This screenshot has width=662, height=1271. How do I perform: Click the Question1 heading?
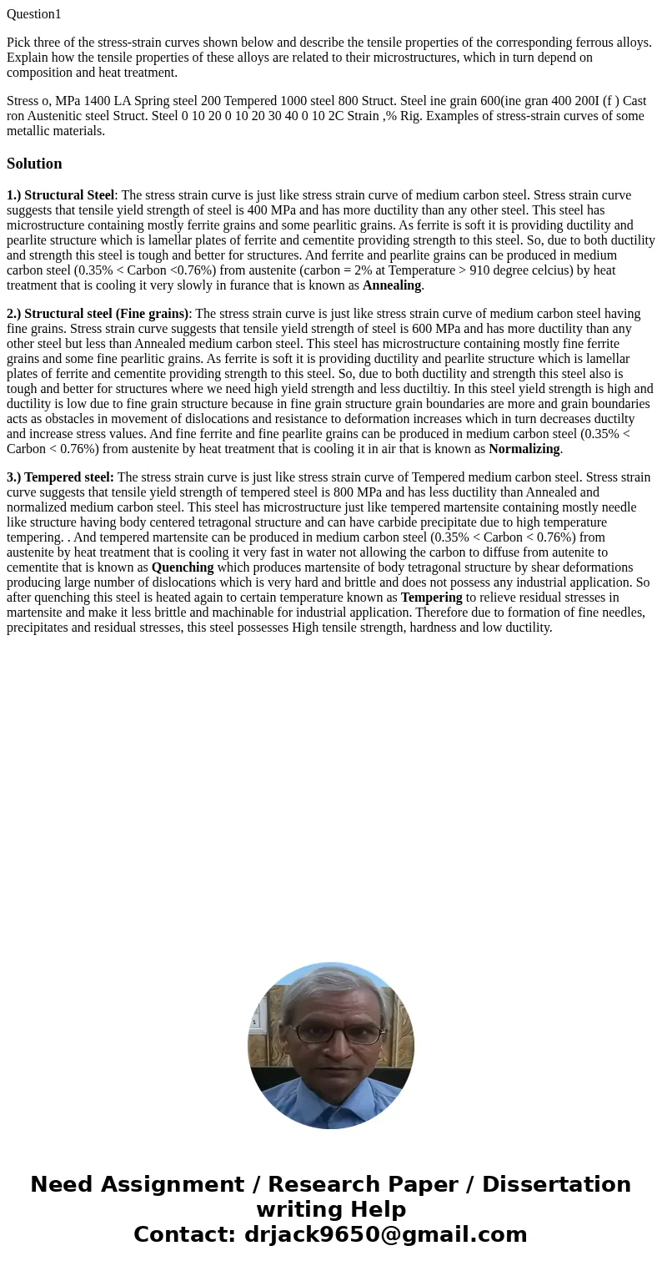point(34,14)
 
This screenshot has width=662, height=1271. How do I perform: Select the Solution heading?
point(34,164)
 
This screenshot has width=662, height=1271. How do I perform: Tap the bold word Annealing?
point(392,285)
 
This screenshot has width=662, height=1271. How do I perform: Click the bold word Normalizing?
point(524,449)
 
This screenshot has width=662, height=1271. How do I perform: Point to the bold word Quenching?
point(183,567)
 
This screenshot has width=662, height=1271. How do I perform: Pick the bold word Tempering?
point(431,598)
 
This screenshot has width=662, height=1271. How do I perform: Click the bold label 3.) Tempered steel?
point(60,477)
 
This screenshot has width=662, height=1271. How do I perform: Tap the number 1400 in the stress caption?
point(98,101)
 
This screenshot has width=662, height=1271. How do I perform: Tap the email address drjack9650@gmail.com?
point(385,1234)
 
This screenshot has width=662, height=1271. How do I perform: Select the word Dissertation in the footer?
point(556,1184)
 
